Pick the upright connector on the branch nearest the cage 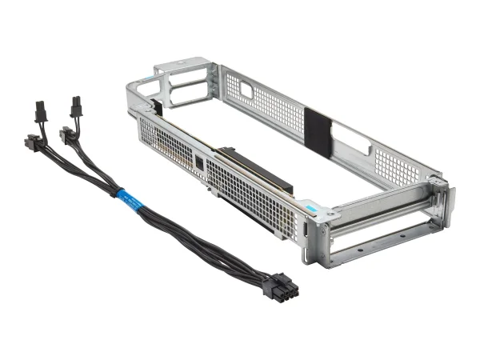76,106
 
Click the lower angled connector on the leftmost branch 34,145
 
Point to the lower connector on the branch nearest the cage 70,136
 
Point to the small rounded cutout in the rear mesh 246,90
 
